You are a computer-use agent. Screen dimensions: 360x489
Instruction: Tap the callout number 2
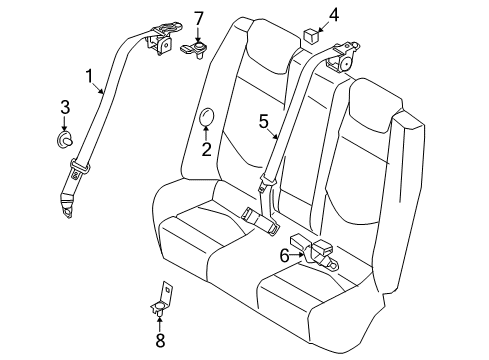click(x=206, y=150)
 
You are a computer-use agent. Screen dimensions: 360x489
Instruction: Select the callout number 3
click(x=65, y=107)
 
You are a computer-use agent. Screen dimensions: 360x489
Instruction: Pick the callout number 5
click(x=263, y=122)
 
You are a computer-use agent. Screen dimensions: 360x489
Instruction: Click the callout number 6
click(x=283, y=255)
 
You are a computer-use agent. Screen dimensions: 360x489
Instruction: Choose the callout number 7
click(x=199, y=17)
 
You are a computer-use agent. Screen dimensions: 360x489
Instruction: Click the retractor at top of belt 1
click(x=160, y=45)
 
